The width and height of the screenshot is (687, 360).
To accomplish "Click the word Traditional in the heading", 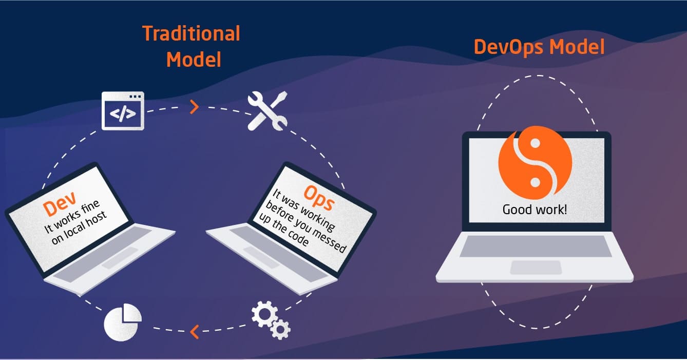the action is tap(192, 33).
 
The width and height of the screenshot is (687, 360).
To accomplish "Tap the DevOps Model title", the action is tap(539, 47).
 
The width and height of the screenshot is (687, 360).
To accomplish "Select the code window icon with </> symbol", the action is tap(123, 111).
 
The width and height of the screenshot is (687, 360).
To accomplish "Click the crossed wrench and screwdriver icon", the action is tap(268, 111).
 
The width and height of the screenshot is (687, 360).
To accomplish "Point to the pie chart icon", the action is tap(122, 323).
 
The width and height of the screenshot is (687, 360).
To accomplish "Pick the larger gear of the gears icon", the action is tap(264, 314).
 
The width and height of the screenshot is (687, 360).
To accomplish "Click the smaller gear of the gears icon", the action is tap(280, 329).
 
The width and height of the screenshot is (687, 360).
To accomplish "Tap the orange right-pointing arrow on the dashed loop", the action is tap(195, 107).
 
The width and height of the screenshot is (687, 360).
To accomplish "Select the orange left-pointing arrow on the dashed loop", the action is tap(195, 332).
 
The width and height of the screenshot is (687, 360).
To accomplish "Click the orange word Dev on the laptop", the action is tap(60, 203).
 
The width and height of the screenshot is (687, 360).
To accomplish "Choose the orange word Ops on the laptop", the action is tap(319, 198).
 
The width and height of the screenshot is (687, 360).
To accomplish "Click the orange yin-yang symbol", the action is tap(535, 162).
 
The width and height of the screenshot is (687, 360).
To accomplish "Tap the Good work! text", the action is tap(535, 210).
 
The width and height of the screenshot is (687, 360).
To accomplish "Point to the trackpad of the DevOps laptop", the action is tap(536, 268).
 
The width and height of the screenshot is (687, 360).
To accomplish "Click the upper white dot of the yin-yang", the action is tap(535, 143).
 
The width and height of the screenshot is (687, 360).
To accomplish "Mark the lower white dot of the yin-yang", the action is tap(535, 182).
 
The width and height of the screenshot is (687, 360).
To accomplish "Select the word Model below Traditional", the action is tap(194, 60).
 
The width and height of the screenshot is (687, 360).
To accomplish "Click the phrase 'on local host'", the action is tap(79, 228).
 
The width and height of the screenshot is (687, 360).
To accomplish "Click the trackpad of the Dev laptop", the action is tap(120, 258).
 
